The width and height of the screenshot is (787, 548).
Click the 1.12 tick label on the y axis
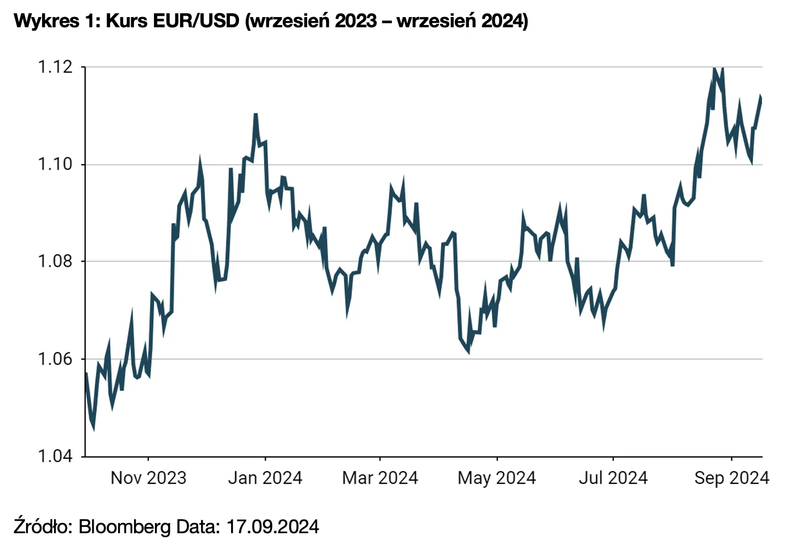55,67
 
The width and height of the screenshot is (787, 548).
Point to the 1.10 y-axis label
55,164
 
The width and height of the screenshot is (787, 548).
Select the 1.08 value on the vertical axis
55,261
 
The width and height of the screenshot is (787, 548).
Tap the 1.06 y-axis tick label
55,359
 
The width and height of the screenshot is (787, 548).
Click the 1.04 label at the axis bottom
55,456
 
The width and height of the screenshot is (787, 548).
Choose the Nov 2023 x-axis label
148,478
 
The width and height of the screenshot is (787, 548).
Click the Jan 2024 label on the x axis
265,478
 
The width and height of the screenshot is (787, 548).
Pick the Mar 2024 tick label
380,478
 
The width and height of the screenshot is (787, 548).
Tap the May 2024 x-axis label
497,478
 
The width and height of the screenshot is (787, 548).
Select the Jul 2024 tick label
613,478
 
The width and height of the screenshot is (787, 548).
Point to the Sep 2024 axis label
731,478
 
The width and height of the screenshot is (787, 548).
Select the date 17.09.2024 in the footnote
273,526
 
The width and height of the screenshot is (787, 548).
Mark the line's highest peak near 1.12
714,69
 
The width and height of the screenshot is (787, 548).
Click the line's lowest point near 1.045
93,427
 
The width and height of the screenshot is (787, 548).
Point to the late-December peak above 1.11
256,115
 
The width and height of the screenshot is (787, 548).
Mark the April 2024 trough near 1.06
468,351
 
